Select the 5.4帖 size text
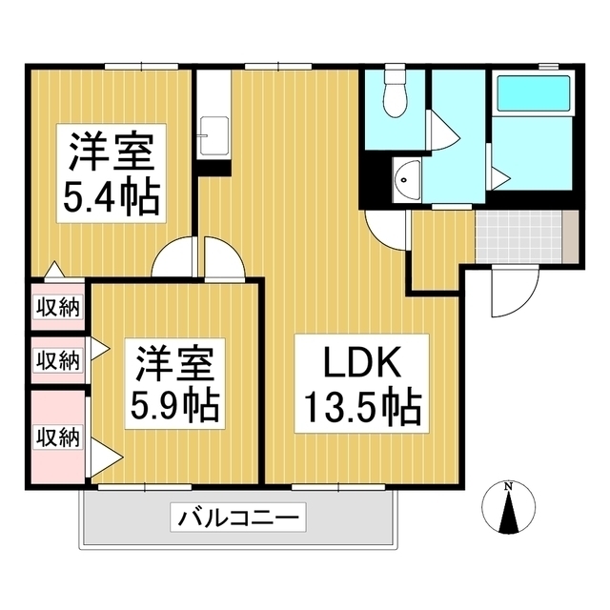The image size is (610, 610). click(112, 197)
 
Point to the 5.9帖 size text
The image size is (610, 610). click(175, 407)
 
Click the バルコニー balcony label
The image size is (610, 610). click(237, 519)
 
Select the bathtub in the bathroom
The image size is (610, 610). click(534, 92)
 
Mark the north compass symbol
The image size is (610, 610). click(508, 515)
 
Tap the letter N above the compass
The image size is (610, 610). click(508, 488)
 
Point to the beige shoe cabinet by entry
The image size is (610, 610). click(570, 234)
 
